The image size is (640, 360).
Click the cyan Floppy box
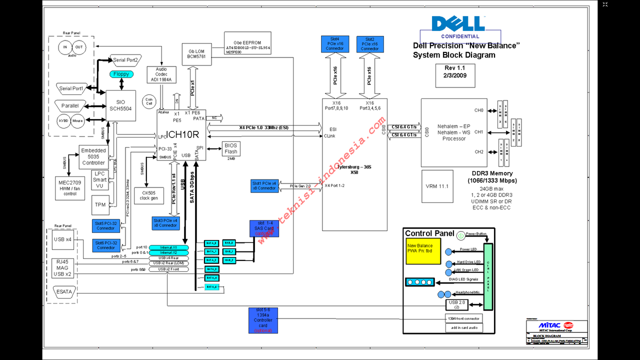click(x=121, y=74)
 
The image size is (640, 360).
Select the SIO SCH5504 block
click(x=120, y=105)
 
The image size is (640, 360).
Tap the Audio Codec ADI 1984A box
click(x=161, y=74)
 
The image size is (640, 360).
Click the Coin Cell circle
click(x=149, y=101)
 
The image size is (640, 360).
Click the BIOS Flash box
click(x=230, y=148)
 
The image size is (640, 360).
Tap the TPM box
click(x=100, y=204)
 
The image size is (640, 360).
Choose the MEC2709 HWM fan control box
click(x=70, y=188)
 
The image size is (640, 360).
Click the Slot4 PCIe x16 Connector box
click(x=335, y=44)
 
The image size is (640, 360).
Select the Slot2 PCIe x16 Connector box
click(x=370, y=44)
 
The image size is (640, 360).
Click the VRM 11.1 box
click(x=437, y=186)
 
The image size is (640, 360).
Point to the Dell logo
click(x=458, y=24)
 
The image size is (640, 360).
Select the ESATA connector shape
click(x=64, y=291)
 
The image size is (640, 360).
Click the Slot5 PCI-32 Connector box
click(x=106, y=225)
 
